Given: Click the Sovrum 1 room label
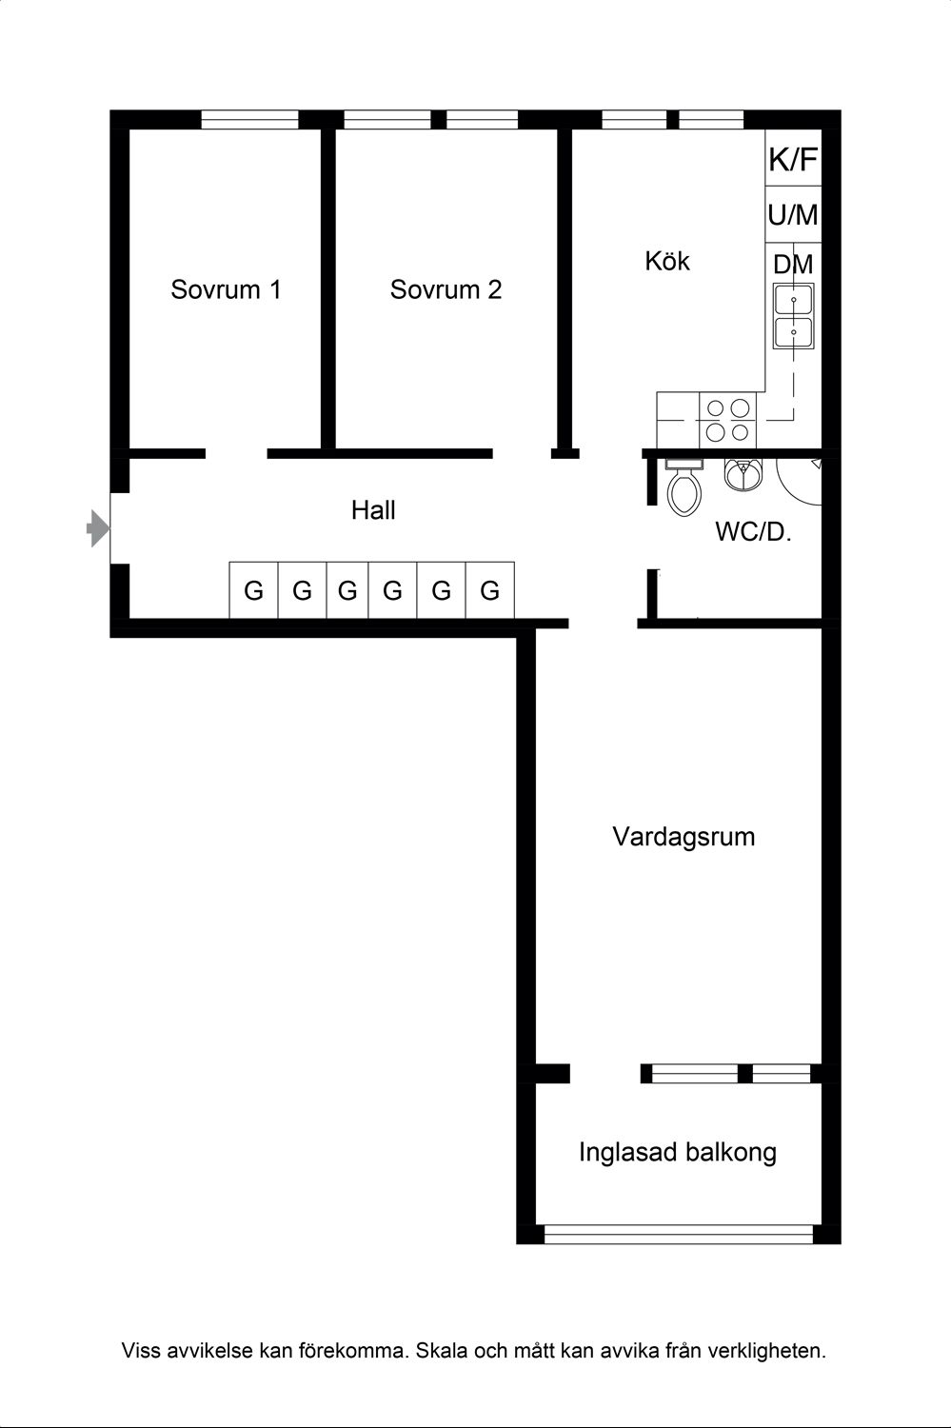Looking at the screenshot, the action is coord(226,289).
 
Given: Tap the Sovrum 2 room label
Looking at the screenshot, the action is coord(446,289).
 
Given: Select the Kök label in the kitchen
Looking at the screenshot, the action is coord(666,261).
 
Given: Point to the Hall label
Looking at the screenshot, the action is coord(373,510).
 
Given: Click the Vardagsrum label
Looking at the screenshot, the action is coord(684,837).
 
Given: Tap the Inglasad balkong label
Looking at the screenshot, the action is coord(678,1153).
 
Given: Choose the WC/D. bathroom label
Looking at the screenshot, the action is coord(753,532).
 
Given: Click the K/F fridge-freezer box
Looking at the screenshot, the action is coord(793,160).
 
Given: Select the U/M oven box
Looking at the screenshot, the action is coord(793,215).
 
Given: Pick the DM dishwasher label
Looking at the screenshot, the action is coord(793,265).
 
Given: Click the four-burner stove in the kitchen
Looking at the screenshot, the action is coord(728,420).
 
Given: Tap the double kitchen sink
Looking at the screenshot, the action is coord(793,318).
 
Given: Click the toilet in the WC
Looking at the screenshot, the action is coord(684,487).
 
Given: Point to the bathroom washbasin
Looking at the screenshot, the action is coord(742,473).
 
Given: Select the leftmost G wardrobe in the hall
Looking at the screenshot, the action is coord(253,591).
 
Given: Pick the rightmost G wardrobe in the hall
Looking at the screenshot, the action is coord(489,591).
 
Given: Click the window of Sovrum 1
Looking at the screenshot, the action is coord(250,120).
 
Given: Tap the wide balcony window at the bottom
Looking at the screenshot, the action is coord(678,1235).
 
